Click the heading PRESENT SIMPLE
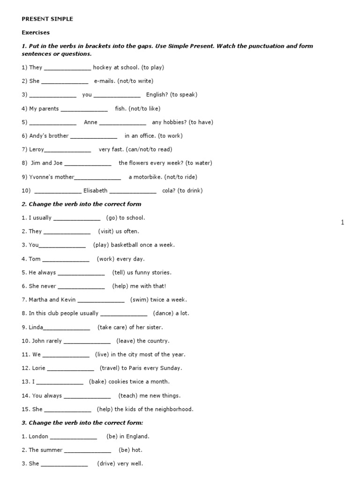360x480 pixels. (47, 19)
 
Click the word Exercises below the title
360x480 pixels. (36, 33)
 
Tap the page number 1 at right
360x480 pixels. (343, 223)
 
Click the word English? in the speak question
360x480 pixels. (157, 95)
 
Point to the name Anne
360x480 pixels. (90, 122)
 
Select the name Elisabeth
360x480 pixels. (95, 191)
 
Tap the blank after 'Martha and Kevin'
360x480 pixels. (101, 300)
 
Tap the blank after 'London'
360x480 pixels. (74, 437)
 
